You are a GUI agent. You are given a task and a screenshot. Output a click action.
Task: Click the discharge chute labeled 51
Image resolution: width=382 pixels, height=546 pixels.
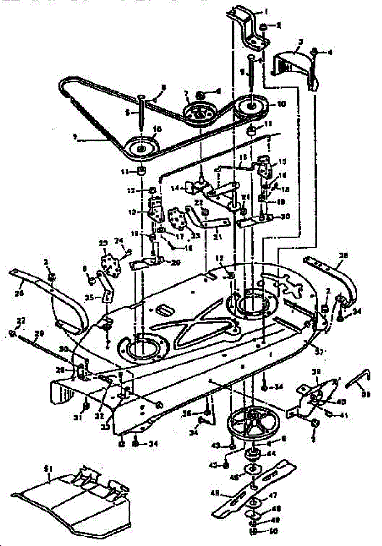(x=73, y=498)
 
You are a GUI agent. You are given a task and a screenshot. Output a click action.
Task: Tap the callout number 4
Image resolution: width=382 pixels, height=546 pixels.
(x=330, y=52)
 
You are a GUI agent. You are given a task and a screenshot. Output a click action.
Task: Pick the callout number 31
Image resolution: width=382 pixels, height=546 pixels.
(x=78, y=417)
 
